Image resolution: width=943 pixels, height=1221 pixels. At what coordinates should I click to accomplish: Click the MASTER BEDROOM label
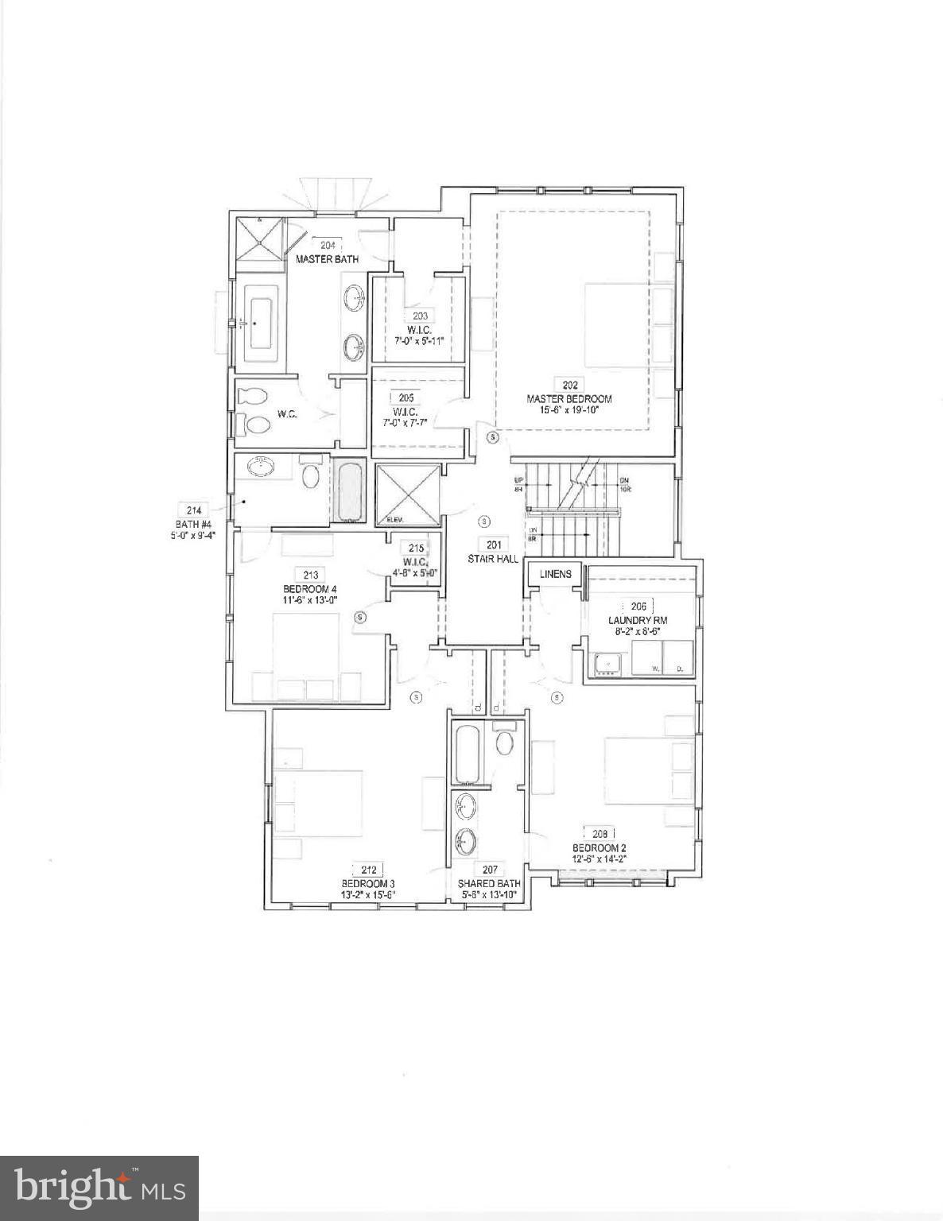569,398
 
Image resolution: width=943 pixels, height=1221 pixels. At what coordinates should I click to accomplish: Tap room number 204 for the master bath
326,246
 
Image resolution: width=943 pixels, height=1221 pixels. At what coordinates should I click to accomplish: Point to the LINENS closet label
555,574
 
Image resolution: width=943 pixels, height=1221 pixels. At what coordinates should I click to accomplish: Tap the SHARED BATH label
489,883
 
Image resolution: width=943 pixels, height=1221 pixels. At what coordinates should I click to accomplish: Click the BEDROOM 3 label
368,883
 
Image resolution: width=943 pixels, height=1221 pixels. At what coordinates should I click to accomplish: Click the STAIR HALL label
493,558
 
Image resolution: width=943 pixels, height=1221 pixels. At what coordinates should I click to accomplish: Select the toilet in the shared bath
504,743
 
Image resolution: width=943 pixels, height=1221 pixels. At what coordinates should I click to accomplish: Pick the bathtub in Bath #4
350,492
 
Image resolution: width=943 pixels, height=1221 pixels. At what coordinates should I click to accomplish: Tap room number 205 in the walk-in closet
406,398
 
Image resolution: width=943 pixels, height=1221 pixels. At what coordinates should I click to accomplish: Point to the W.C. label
287,413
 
